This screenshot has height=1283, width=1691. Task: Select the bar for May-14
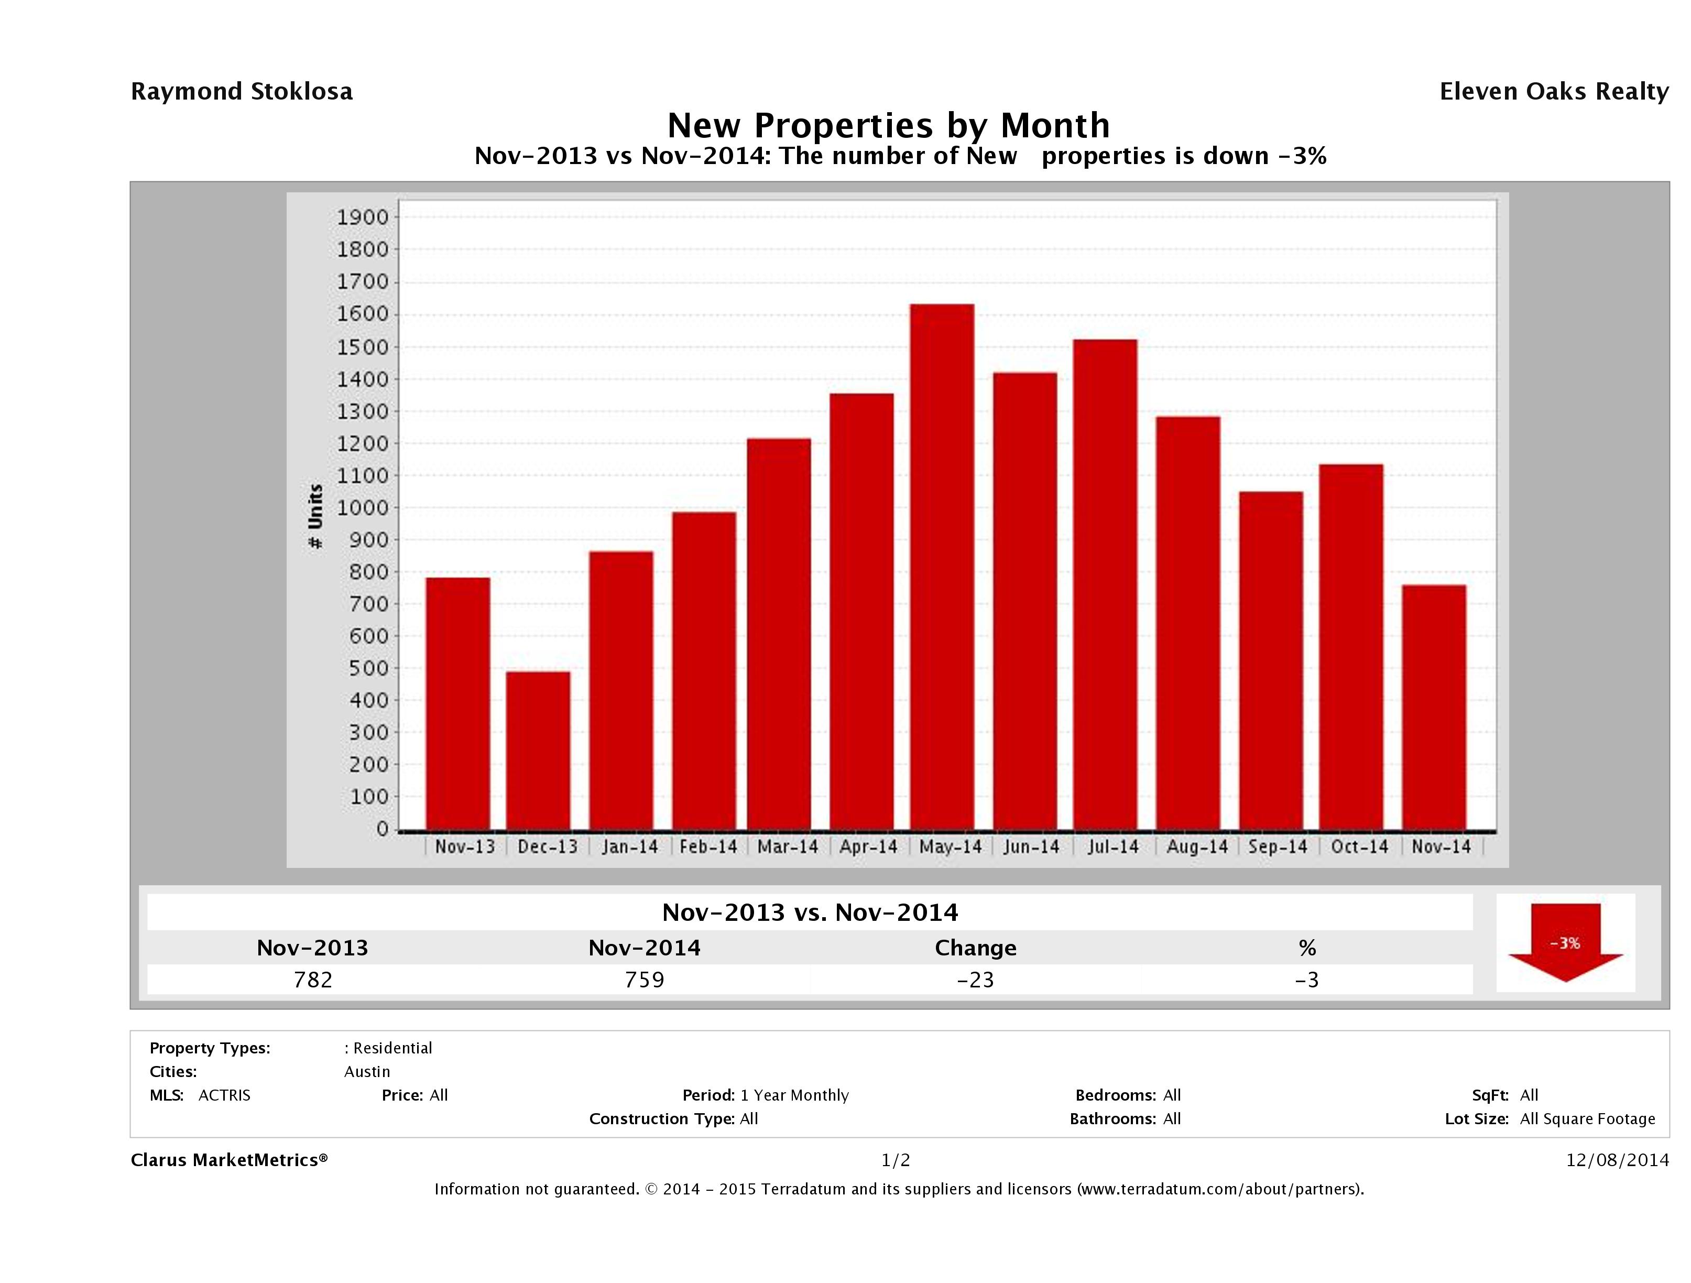pos(942,567)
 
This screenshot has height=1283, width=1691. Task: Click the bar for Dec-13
pos(538,751)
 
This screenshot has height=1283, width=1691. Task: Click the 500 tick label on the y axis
pos(363,668)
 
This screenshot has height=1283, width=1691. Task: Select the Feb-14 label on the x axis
pos(708,847)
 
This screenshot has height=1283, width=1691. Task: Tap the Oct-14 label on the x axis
pos(1359,847)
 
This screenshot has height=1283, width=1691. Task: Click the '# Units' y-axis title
pos(315,516)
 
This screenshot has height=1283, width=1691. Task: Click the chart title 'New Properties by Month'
pos(888,125)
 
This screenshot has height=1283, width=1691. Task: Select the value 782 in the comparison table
pos(313,980)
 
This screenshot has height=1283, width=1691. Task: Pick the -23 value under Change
pos(976,980)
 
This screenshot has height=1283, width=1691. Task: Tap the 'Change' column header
pos(976,948)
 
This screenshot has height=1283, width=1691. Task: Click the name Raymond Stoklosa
pos(242,92)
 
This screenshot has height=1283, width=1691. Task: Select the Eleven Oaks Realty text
pos(1553,92)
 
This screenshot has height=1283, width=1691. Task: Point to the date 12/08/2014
pos(1617,1160)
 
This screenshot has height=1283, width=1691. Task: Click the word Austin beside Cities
pos(367,1072)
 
